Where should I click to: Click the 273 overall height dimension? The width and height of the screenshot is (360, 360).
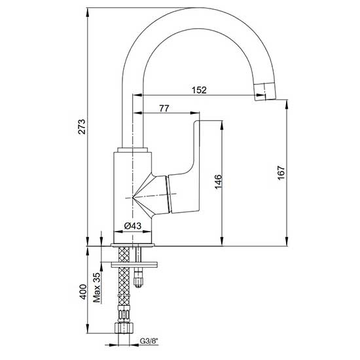click(x=81, y=128)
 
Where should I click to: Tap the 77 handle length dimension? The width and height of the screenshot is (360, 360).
click(x=164, y=109)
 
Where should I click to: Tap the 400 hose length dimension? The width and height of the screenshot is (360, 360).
click(x=81, y=291)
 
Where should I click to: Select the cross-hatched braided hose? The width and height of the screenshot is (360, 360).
click(x=122, y=295)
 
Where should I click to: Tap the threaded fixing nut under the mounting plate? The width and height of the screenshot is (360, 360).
click(x=138, y=278)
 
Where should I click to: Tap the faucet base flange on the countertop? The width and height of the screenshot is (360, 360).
click(x=134, y=245)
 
